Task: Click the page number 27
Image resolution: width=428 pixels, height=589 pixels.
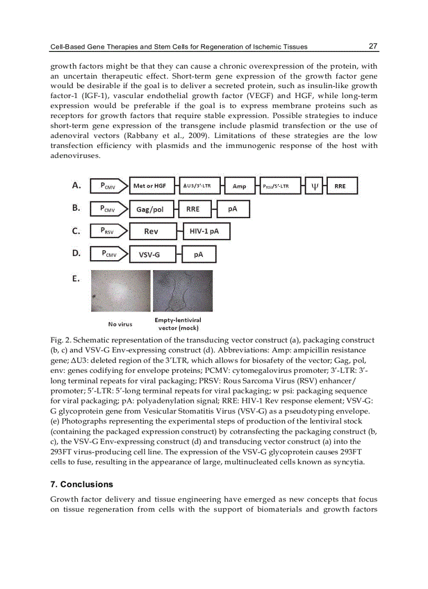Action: [x=373, y=46]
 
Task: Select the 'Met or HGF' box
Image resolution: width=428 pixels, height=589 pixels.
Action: [x=149, y=186]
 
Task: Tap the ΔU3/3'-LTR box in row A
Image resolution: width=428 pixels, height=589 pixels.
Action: [x=197, y=186]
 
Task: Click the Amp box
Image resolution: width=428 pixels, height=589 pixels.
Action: [x=239, y=186]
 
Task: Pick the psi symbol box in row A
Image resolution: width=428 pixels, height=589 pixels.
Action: [x=315, y=186]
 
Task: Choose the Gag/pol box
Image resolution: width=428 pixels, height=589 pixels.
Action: [x=149, y=209]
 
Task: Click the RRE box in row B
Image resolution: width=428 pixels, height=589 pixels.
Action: [x=192, y=209]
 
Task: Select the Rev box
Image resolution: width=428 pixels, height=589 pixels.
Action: [x=151, y=231]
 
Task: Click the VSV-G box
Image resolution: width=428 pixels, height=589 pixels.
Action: [x=149, y=254]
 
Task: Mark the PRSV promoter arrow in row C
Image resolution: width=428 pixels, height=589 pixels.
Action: [x=109, y=231]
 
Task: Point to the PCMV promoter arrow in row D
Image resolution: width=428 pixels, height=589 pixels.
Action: [x=109, y=254]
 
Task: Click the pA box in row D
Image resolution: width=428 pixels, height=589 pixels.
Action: [x=199, y=254]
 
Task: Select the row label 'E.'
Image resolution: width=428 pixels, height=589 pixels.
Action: [x=77, y=279]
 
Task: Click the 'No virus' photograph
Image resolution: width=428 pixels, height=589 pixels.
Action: [x=120, y=291]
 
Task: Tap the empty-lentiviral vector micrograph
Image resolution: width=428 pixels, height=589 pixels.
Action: [x=182, y=291]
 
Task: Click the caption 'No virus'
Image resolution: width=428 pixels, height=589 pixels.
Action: [x=120, y=324]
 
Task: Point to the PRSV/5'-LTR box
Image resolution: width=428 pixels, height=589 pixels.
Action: [x=276, y=186]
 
